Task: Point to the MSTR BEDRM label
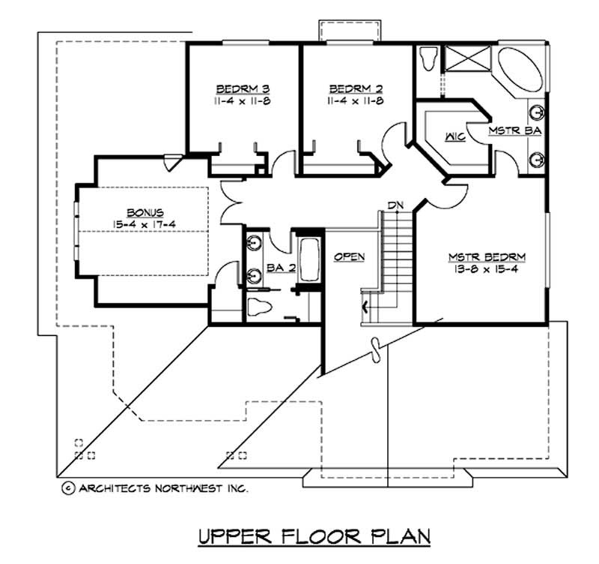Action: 487,257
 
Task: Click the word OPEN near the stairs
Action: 349,256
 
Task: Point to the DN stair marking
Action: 395,204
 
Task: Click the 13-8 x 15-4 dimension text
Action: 487,269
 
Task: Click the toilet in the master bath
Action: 428,58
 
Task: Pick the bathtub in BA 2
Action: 308,259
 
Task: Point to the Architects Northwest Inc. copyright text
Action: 161,488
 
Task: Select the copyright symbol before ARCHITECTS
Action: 67,488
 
